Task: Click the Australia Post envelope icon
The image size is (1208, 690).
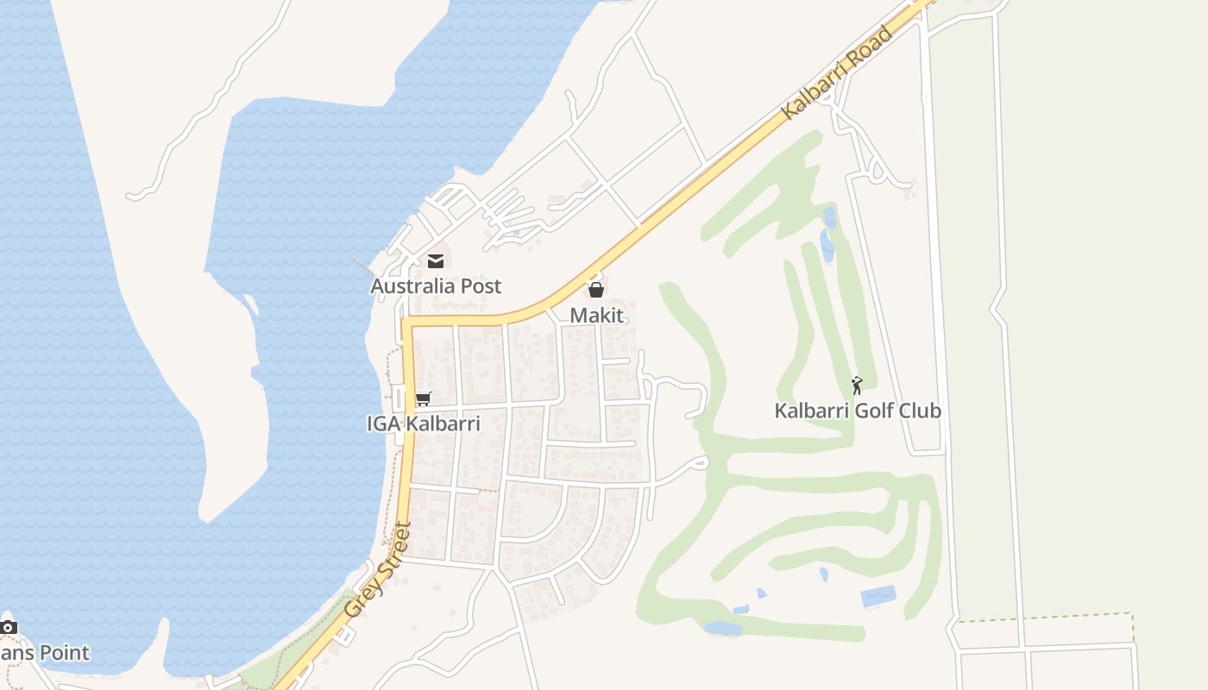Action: (436, 260)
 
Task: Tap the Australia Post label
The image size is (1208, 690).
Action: (436, 286)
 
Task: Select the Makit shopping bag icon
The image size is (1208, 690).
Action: (595, 290)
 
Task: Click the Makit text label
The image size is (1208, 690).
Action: (596, 316)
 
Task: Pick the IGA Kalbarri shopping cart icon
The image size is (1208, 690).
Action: (423, 399)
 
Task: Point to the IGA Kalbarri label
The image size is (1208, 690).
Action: (423, 424)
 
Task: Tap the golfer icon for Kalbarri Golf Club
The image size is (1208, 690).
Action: (857, 386)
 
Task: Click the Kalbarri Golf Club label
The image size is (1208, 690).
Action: (858, 411)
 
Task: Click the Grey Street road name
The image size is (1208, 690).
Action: (379, 569)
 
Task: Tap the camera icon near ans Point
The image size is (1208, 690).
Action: (9, 627)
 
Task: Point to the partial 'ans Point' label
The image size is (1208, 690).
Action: (45, 653)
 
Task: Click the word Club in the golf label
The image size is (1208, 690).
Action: (920, 411)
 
